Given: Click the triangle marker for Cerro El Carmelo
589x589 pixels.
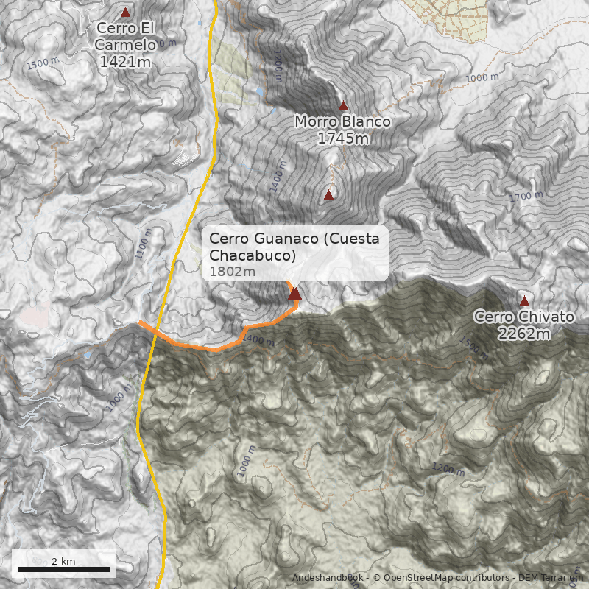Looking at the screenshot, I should coord(125,13).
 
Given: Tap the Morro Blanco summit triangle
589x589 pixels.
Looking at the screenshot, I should coord(343,106).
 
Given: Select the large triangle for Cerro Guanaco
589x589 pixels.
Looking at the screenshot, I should coord(294,294).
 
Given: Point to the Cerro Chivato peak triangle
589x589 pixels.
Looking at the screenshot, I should coord(524,301).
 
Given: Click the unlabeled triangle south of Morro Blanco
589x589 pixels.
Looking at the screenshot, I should coord(328,195).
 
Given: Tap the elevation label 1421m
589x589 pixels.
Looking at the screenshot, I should coord(125,62).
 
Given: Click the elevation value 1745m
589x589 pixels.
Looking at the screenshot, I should coord(343,138).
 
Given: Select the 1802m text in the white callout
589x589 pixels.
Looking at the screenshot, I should coord(232,272).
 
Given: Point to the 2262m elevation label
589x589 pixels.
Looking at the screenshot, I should coord(524,334).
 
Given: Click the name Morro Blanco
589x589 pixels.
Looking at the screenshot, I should coord(343,121).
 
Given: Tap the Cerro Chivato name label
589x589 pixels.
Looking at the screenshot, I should coord(523,317).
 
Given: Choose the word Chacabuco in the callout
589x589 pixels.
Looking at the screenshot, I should coord(253,255).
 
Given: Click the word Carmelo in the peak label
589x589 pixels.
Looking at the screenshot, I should coord(125,45).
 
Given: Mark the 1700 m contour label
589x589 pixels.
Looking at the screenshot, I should coord(525,197).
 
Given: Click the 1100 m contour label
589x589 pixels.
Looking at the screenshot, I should coord(144,244).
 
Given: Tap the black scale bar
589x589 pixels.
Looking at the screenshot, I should coord(63,569).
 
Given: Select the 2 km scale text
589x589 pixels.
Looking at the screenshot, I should coord(63,561).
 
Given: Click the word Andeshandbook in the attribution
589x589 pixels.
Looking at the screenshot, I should coord(328,578).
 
